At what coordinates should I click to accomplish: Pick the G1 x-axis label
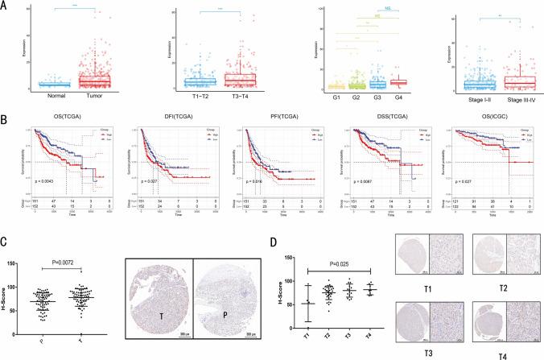(x=332, y=101)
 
